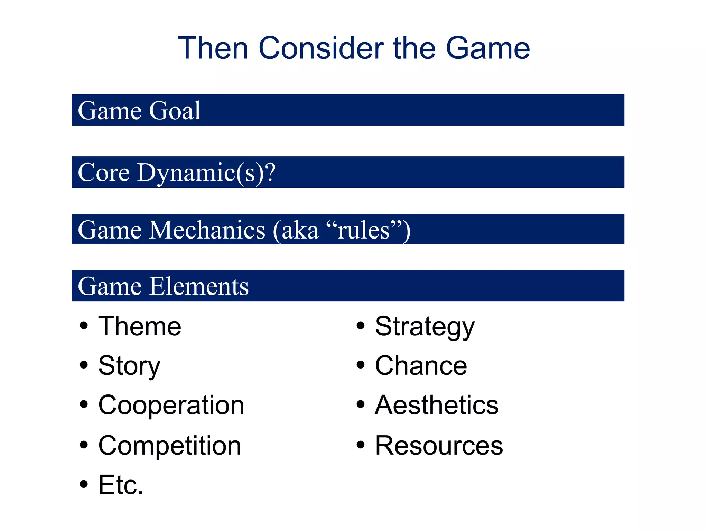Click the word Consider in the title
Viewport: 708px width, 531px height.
(321, 48)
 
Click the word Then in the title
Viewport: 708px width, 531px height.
(213, 48)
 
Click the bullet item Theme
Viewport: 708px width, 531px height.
(140, 326)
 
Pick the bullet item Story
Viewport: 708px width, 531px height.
(129, 366)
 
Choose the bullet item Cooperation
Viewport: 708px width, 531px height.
(171, 405)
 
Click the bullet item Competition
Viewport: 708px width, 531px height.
(169, 446)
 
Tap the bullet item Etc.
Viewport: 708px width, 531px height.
(121, 485)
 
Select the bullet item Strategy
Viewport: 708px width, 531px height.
(425, 326)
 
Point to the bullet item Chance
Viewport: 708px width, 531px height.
(421, 366)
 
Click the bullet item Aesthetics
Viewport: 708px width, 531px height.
(437, 405)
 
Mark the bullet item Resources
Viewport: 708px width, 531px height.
(439, 446)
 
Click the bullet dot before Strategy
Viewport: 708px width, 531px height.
(361, 325)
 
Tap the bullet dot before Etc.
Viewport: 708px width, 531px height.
(84, 484)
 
